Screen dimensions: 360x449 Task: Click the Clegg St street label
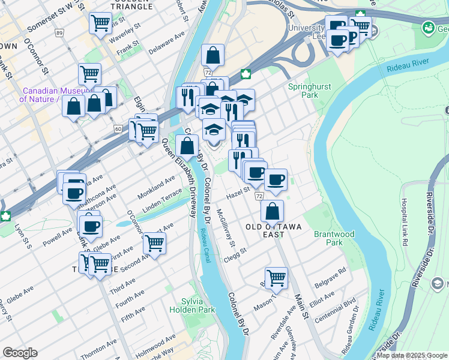pos(235,252)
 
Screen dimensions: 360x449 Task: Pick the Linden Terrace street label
pos(162,202)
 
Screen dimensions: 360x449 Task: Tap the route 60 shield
pos(118,128)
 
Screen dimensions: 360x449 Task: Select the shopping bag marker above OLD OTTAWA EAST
pos(273,211)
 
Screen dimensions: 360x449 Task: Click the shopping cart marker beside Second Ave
pos(154,244)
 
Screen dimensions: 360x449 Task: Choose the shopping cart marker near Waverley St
pos(100,23)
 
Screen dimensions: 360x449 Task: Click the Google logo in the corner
pos(20,353)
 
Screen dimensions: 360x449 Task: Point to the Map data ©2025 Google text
pos(412,355)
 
